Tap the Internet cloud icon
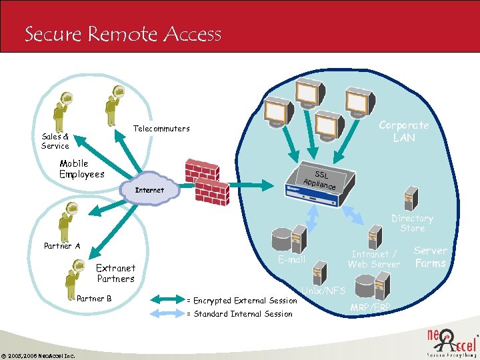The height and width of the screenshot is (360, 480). [150, 190]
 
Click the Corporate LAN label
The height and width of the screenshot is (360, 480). [403, 131]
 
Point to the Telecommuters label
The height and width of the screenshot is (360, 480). [161, 128]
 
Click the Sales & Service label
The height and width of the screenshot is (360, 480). [55, 141]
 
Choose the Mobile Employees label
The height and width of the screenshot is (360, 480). [81, 169]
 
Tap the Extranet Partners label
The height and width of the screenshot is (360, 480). [115, 273]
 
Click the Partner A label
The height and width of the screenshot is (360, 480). [62, 246]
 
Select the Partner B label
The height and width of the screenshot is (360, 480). [94, 299]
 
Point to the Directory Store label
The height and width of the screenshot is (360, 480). [412, 223]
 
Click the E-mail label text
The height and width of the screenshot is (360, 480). [291, 259]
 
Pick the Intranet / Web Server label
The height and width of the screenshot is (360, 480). [374, 259]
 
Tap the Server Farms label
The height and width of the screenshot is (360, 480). [431, 257]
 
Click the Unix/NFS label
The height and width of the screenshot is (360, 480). [323, 291]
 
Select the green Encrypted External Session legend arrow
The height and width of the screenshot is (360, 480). [167, 301]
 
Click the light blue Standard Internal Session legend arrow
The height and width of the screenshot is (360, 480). [167, 314]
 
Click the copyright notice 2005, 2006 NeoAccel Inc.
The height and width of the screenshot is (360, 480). [38, 355]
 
